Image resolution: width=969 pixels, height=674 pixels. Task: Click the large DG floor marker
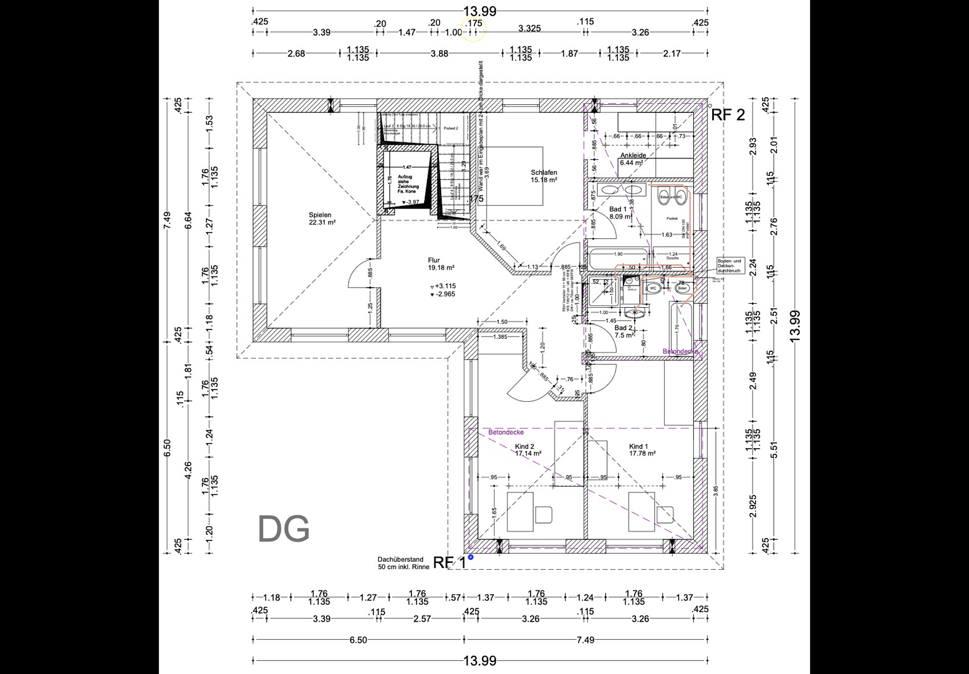click(284, 529)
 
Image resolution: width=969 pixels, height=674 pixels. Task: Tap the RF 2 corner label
click(728, 115)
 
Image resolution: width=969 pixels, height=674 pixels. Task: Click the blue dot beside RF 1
click(471, 557)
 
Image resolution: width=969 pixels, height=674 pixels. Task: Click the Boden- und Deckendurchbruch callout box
click(730, 266)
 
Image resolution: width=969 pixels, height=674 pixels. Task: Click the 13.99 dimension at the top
click(480, 11)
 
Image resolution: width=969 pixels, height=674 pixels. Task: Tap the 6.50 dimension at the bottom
click(358, 640)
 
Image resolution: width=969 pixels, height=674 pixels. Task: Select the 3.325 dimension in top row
click(529, 28)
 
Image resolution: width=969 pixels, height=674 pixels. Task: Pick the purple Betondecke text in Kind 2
click(506, 432)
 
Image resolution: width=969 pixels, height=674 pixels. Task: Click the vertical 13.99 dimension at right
click(796, 325)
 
